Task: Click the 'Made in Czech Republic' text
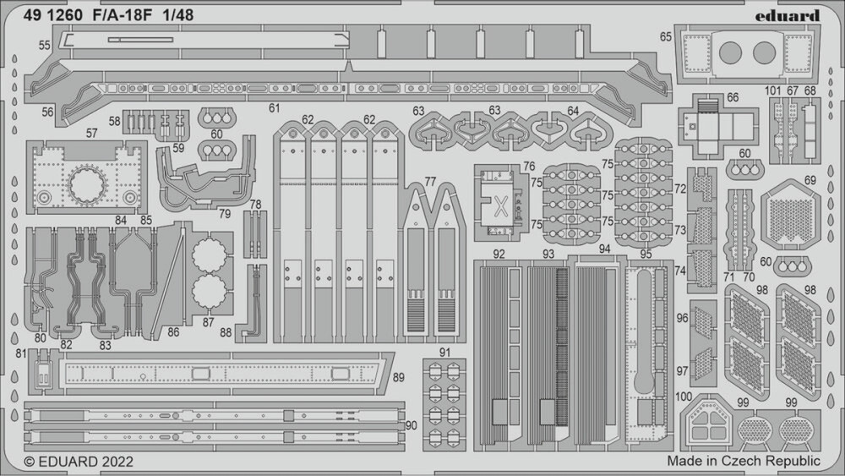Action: (x=743, y=461)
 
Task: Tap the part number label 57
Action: (x=92, y=133)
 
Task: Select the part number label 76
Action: (x=529, y=167)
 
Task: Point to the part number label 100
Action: (x=684, y=397)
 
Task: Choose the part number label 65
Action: (x=666, y=36)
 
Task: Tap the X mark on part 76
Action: (x=500, y=205)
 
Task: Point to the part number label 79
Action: (x=224, y=213)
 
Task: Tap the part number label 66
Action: (x=732, y=97)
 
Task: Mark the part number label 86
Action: (x=173, y=333)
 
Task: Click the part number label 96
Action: (x=682, y=318)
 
